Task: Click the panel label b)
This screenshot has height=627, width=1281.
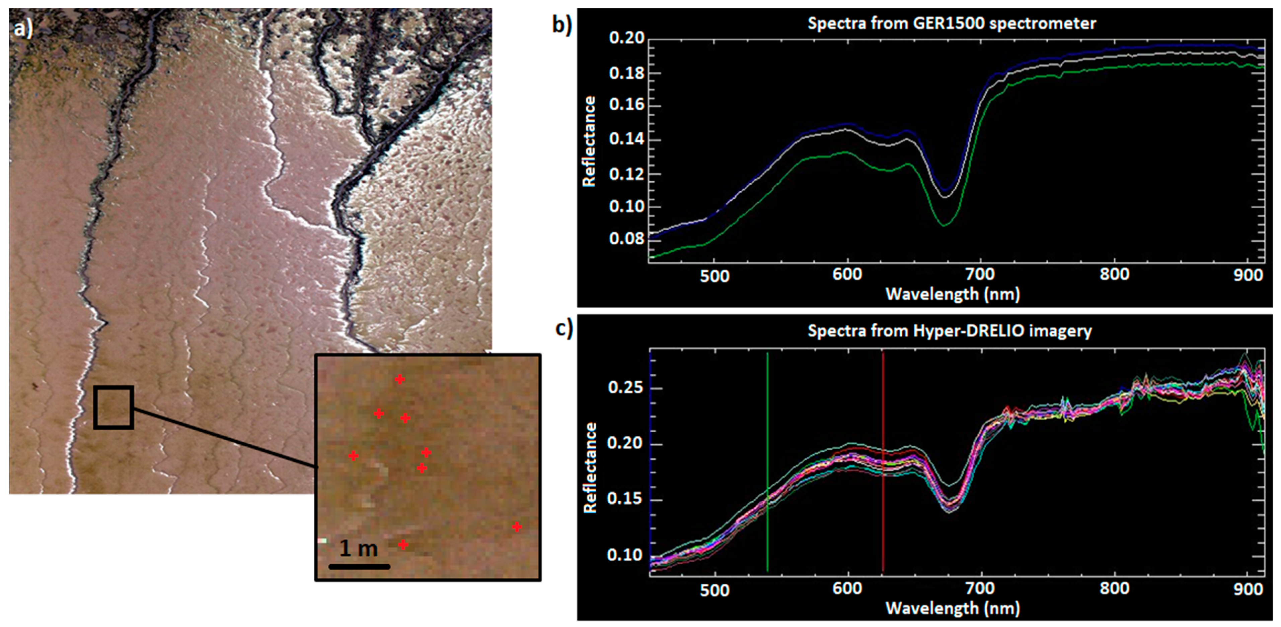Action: coord(562,24)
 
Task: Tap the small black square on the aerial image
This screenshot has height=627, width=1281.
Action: coord(114,407)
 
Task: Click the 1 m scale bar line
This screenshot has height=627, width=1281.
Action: coord(359,566)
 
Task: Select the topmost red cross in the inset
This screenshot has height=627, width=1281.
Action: coord(399,380)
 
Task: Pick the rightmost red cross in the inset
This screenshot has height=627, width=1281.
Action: coord(517,526)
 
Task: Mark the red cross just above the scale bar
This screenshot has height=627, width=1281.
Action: coord(403,545)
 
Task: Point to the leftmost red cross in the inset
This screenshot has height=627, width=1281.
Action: coord(353,456)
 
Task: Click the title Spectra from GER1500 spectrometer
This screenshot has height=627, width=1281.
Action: coord(951,23)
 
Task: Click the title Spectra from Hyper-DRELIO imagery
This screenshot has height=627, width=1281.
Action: coord(949,331)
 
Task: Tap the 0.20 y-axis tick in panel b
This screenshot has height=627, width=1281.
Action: coord(626,38)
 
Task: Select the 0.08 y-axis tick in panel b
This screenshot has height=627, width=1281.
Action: coord(626,239)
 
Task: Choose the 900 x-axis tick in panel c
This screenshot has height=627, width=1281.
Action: coord(1248,589)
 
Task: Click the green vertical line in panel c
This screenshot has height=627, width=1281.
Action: coord(767,463)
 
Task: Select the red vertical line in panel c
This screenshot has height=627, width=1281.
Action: coord(883,463)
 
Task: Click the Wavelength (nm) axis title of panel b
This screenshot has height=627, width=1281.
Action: coord(952,294)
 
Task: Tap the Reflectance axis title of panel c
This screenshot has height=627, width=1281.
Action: coord(590,468)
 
